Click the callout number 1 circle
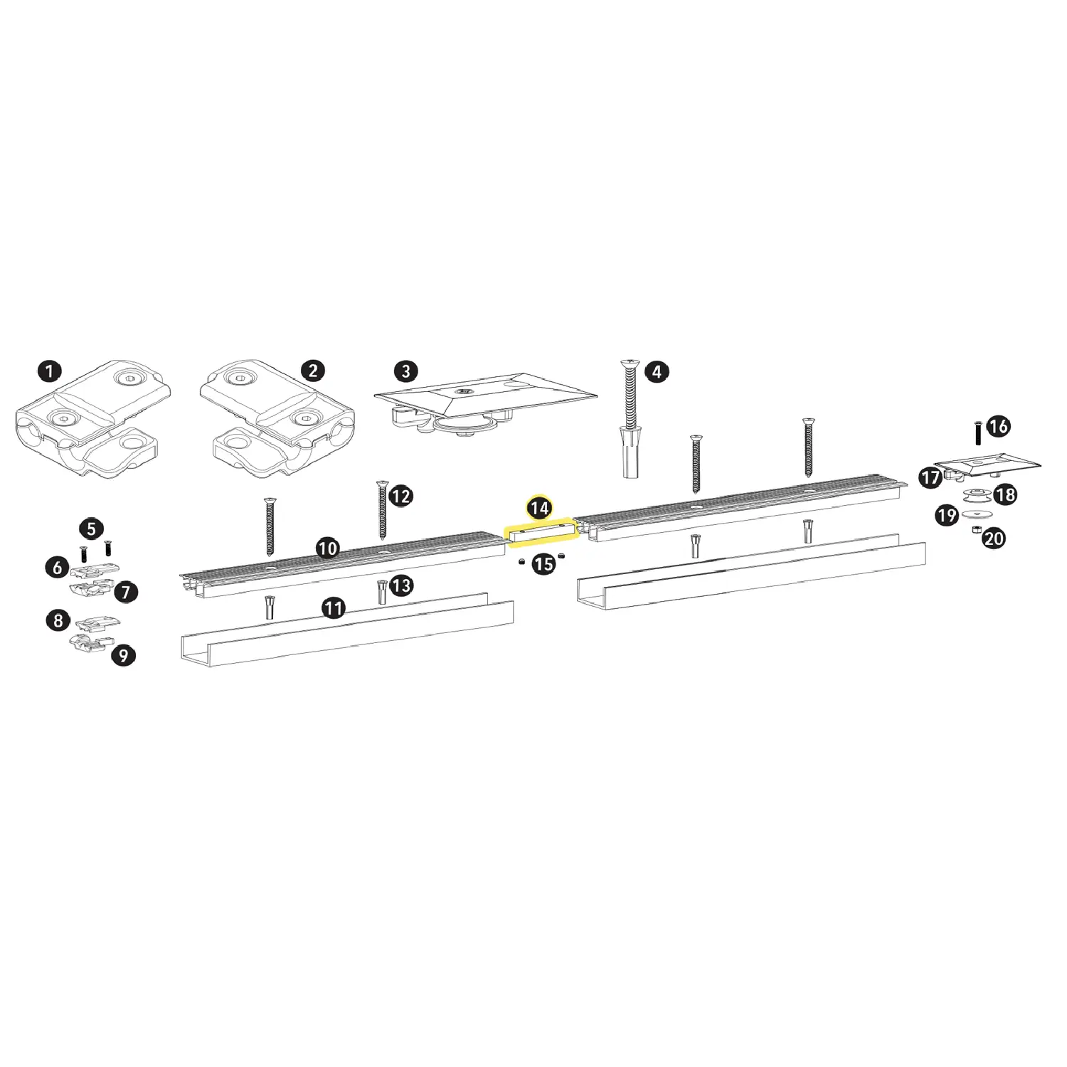pyautogui.click(x=49, y=371)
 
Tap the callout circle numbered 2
pyautogui.click(x=313, y=371)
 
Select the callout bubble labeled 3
pyautogui.click(x=405, y=371)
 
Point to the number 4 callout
pyautogui.click(x=657, y=371)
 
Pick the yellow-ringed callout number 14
pyautogui.click(x=539, y=508)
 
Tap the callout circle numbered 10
pyautogui.click(x=327, y=548)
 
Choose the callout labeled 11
pyautogui.click(x=334, y=608)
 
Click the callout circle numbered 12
pyautogui.click(x=401, y=496)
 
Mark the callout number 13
pyautogui.click(x=401, y=585)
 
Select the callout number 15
pyautogui.click(x=543, y=564)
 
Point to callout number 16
pyautogui.click(x=999, y=426)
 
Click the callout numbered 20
pyautogui.click(x=994, y=538)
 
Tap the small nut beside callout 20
pyautogui.click(x=977, y=530)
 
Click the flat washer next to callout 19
pyautogui.click(x=976, y=514)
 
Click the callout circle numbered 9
pyautogui.click(x=124, y=655)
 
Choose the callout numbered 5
pyautogui.click(x=91, y=529)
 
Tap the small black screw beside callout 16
pyautogui.click(x=978, y=432)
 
